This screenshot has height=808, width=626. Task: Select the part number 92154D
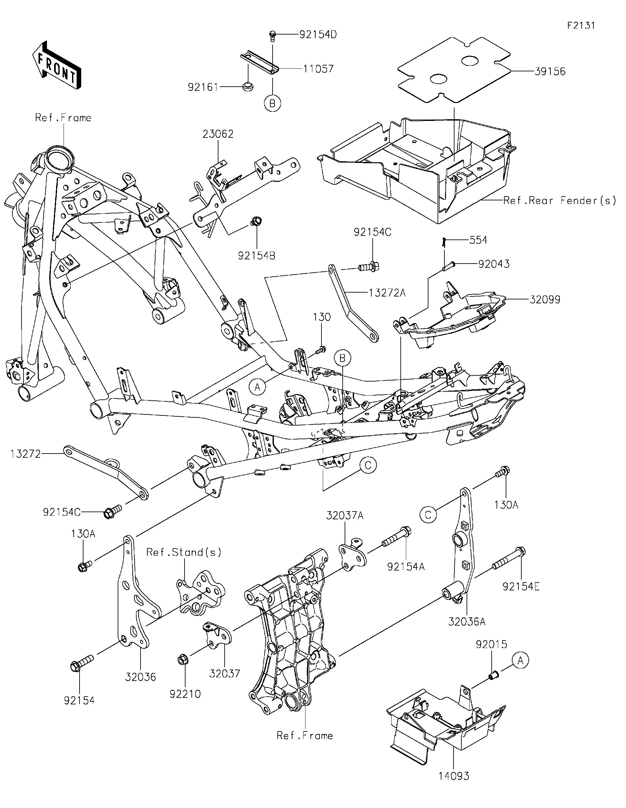[x=318, y=35]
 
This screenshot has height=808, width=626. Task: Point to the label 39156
[x=550, y=71]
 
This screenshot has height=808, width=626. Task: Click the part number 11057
[x=318, y=69]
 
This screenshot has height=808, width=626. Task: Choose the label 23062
[x=218, y=134]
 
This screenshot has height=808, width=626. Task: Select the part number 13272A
[x=387, y=293]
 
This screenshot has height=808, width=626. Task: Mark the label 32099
[x=544, y=299]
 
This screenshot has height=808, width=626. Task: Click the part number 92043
[x=494, y=264]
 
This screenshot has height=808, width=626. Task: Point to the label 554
[x=478, y=240]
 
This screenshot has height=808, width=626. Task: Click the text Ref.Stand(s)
[x=184, y=552]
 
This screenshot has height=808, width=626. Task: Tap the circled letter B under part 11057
[x=273, y=104]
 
